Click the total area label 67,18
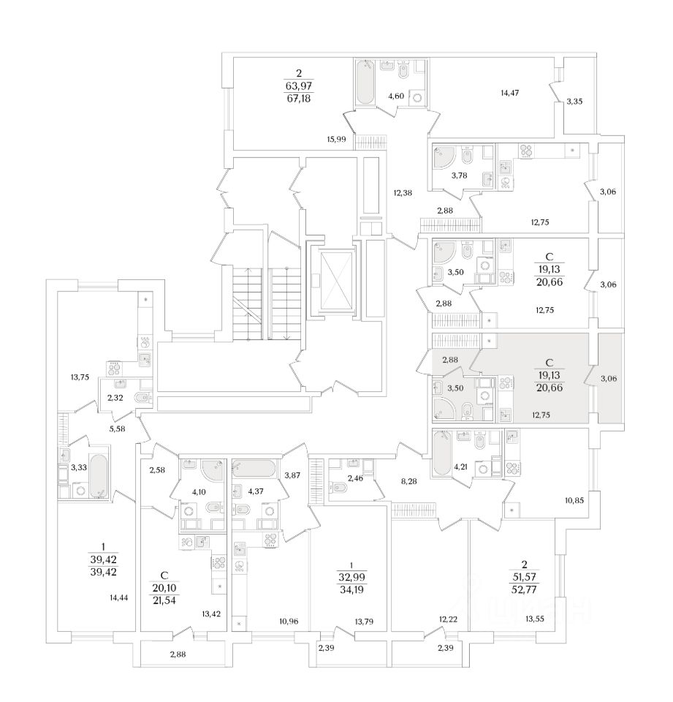click(x=298, y=98)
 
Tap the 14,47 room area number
click(x=509, y=93)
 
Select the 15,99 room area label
click(x=336, y=139)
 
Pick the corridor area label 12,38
click(x=403, y=193)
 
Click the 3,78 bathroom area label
click(x=459, y=175)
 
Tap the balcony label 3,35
click(x=574, y=101)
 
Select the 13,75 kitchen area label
click(x=80, y=377)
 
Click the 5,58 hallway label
click(x=117, y=429)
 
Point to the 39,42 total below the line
click(x=103, y=572)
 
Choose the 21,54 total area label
click(x=164, y=600)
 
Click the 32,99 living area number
click(x=351, y=577)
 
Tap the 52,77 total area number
click(x=525, y=589)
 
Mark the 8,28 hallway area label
click(x=408, y=481)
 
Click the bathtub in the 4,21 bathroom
click(x=441, y=453)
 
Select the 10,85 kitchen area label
click(x=574, y=500)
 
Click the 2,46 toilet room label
click(x=355, y=478)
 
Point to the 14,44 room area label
click(x=118, y=597)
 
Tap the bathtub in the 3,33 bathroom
click(x=99, y=475)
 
